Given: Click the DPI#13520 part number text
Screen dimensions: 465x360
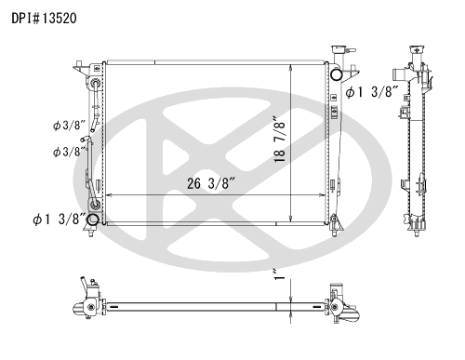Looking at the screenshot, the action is pyautogui.click(x=44, y=19).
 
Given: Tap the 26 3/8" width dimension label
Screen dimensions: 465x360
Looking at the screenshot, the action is pyautogui.click(x=212, y=183).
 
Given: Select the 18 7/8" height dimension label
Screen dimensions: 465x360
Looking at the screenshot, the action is pyautogui.click(x=279, y=140).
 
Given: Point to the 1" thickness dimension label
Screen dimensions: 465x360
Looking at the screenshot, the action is pyautogui.click(x=279, y=274).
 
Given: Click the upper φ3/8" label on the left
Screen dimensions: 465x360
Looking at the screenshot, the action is pyautogui.click(x=69, y=126).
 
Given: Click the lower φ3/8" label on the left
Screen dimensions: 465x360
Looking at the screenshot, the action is pyautogui.click(x=69, y=152).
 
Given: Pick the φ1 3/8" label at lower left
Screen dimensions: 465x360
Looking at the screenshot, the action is pyautogui.click(x=59, y=220).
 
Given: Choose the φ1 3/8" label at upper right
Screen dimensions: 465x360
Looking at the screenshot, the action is pyautogui.click(x=372, y=92).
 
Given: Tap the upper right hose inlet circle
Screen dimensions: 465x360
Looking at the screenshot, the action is pyautogui.click(x=336, y=74).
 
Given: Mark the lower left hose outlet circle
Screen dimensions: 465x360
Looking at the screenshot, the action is pyautogui.click(x=92, y=220).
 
